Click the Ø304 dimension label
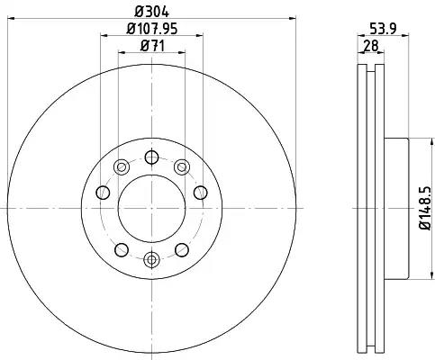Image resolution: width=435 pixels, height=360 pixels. (152, 12)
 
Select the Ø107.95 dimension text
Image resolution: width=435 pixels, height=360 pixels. (152, 29)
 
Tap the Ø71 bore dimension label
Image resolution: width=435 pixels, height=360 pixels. (152, 46)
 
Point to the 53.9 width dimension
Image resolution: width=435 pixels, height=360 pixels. (383, 29)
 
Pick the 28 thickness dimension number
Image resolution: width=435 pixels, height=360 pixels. (371, 46)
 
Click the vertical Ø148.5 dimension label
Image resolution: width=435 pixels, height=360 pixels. (425, 208)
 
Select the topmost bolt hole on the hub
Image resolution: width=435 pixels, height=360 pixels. (151, 157)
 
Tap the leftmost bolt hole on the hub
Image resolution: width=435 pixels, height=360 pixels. (103, 193)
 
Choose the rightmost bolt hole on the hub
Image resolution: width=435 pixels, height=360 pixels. (201, 193)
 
